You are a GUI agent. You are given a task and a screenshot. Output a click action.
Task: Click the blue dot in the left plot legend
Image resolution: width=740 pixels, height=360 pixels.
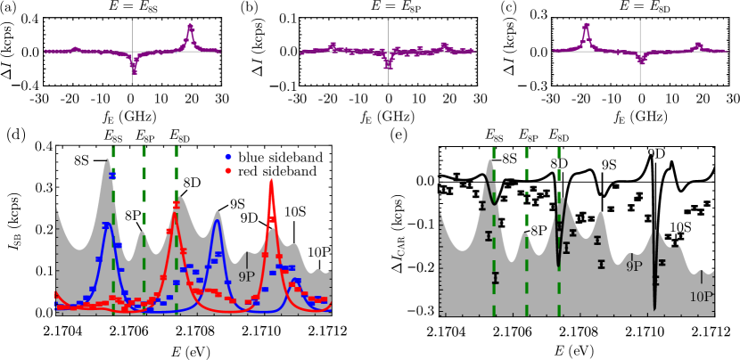pyautogui.click(x=228, y=157)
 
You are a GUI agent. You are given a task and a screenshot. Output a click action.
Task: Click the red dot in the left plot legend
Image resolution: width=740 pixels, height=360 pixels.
pyautogui.click(x=228, y=170)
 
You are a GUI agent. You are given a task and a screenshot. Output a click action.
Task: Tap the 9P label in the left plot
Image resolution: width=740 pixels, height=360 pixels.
pyautogui.click(x=246, y=277)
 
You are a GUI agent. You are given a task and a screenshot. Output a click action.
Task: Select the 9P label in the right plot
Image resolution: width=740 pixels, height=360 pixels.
pyautogui.click(x=634, y=266)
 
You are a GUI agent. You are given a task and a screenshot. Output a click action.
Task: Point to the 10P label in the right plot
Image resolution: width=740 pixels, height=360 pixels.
pyautogui.click(x=702, y=297)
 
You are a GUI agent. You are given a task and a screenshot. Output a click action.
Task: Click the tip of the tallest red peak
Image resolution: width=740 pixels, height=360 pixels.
pyautogui.click(x=271, y=181)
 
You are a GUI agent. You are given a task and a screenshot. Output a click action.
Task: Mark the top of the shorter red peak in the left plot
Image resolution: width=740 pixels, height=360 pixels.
pyautogui.click(x=176, y=204)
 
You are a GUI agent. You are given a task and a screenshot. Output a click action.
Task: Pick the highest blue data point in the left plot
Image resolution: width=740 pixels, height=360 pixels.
pyautogui.click(x=112, y=176)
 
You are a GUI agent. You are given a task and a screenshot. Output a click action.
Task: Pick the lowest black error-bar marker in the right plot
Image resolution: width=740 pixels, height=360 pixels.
pyautogui.click(x=495, y=278)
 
